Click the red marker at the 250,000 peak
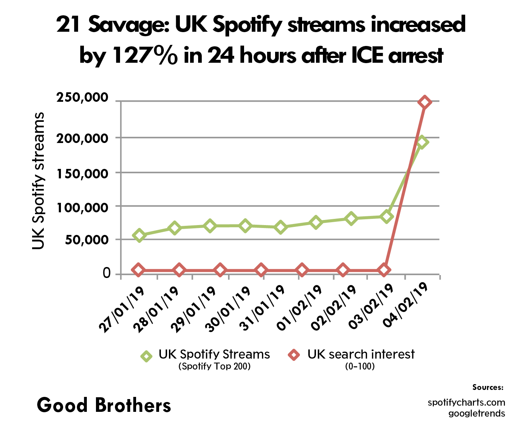(424, 103)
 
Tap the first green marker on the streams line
(139, 235)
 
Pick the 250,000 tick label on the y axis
(82, 98)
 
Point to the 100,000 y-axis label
(82, 208)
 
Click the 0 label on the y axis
(107, 273)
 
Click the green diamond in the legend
(147, 356)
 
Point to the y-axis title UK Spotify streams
(38, 181)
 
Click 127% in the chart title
(145, 56)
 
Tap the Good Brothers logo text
(104, 405)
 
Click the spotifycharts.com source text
(466, 402)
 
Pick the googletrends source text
(477, 413)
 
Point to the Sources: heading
(488, 387)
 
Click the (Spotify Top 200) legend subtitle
(215, 366)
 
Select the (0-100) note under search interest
(360, 366)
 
